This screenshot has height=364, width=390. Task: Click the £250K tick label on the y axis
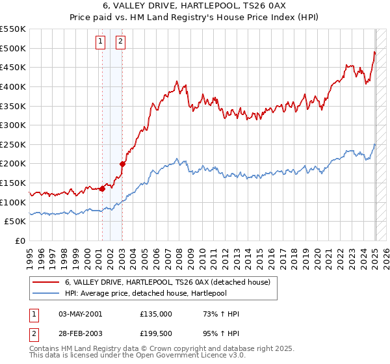coord(12,144)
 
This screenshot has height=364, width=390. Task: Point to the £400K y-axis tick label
coord(12,86)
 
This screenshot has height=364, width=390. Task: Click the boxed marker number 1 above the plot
coord(101,42)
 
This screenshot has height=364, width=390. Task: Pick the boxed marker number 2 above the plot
coord(121,42)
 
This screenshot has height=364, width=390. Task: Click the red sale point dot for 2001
coord(102,189)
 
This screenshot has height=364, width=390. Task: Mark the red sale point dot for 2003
coord(123,164)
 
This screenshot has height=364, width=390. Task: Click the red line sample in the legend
coord(45,281)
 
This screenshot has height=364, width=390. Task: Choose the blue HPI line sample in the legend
coord(45,292)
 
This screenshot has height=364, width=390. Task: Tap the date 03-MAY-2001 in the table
coord(81,314)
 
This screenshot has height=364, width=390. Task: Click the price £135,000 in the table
coord(156,314)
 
